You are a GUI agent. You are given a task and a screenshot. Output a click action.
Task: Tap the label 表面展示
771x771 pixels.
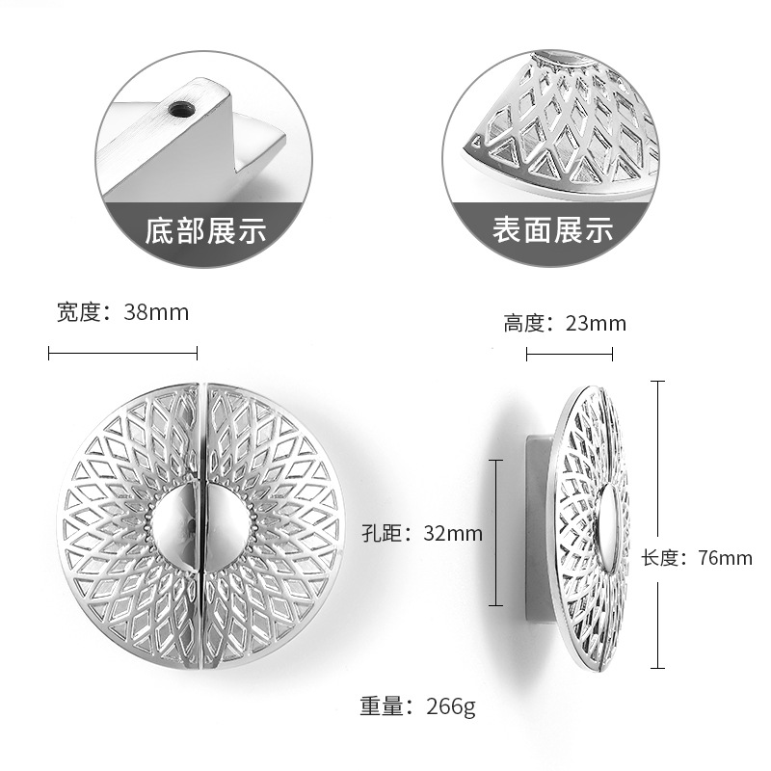(552, 229)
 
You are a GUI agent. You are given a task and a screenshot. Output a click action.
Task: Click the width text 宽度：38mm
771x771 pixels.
(122, 312)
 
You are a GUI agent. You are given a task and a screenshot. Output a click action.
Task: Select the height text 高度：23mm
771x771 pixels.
(564, 323)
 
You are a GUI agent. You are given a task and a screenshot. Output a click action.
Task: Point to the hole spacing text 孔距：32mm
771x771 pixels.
(421, 533)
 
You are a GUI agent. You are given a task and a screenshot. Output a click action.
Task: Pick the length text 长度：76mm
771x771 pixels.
(696, 557)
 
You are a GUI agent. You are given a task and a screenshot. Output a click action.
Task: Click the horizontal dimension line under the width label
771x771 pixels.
(122, 354)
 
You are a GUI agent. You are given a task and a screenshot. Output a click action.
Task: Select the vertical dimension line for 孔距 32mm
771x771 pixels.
(495, 532)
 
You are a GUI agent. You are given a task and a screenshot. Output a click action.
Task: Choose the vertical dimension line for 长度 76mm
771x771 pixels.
(658, 524)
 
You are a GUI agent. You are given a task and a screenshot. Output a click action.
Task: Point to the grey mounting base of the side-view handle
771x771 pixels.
(536, 525)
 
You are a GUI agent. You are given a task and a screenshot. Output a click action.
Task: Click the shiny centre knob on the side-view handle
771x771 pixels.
(609, 525)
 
